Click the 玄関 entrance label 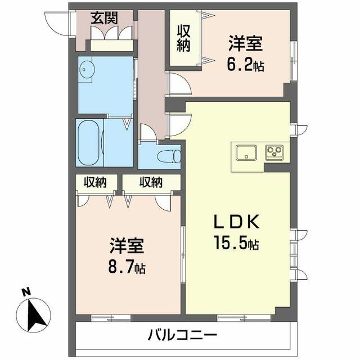click(105, 17)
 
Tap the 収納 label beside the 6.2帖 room click(183, 38)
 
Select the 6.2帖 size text click(246, 65)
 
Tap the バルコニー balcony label click(183, 336)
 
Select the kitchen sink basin click(246, 152)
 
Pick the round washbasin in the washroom click(86, 70)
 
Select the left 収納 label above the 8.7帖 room click(96, 182)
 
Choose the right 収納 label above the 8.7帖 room click(151, 182)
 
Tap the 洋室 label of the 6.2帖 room click(246, 43)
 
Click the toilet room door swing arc click(147, 133)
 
